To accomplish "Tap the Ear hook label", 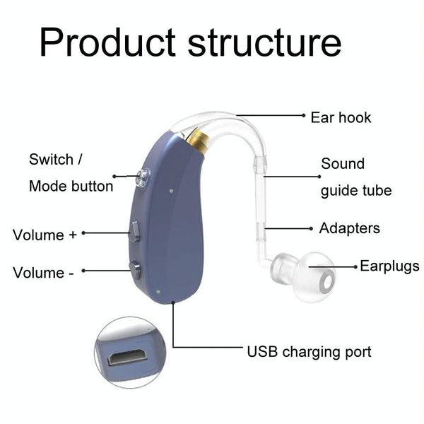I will [x=341, y=117].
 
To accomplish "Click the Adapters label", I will [x=349, y=228].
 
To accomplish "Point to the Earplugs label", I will [x=389, y=266].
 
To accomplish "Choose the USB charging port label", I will [x=309, y=351].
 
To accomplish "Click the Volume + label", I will [x=44, y=235].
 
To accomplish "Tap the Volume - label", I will [x=42, y=273].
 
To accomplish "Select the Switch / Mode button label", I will [x=71, y=172].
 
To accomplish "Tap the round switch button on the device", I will [x=143, y=177].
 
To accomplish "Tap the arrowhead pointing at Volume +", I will [x=83, y=232].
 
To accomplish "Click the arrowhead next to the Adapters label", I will [x=311, y=228].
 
